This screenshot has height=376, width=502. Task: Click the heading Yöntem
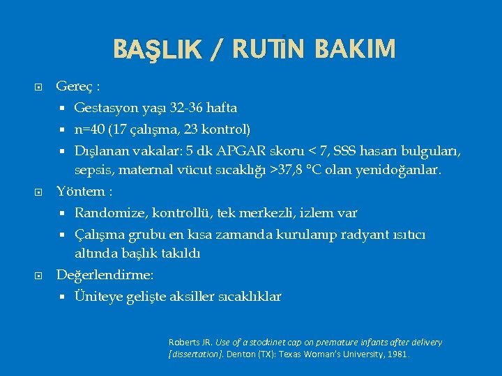79,191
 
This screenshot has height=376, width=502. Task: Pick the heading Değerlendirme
104,275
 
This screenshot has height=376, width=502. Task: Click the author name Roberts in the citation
183,342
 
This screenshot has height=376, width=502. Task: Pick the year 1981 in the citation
399,354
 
